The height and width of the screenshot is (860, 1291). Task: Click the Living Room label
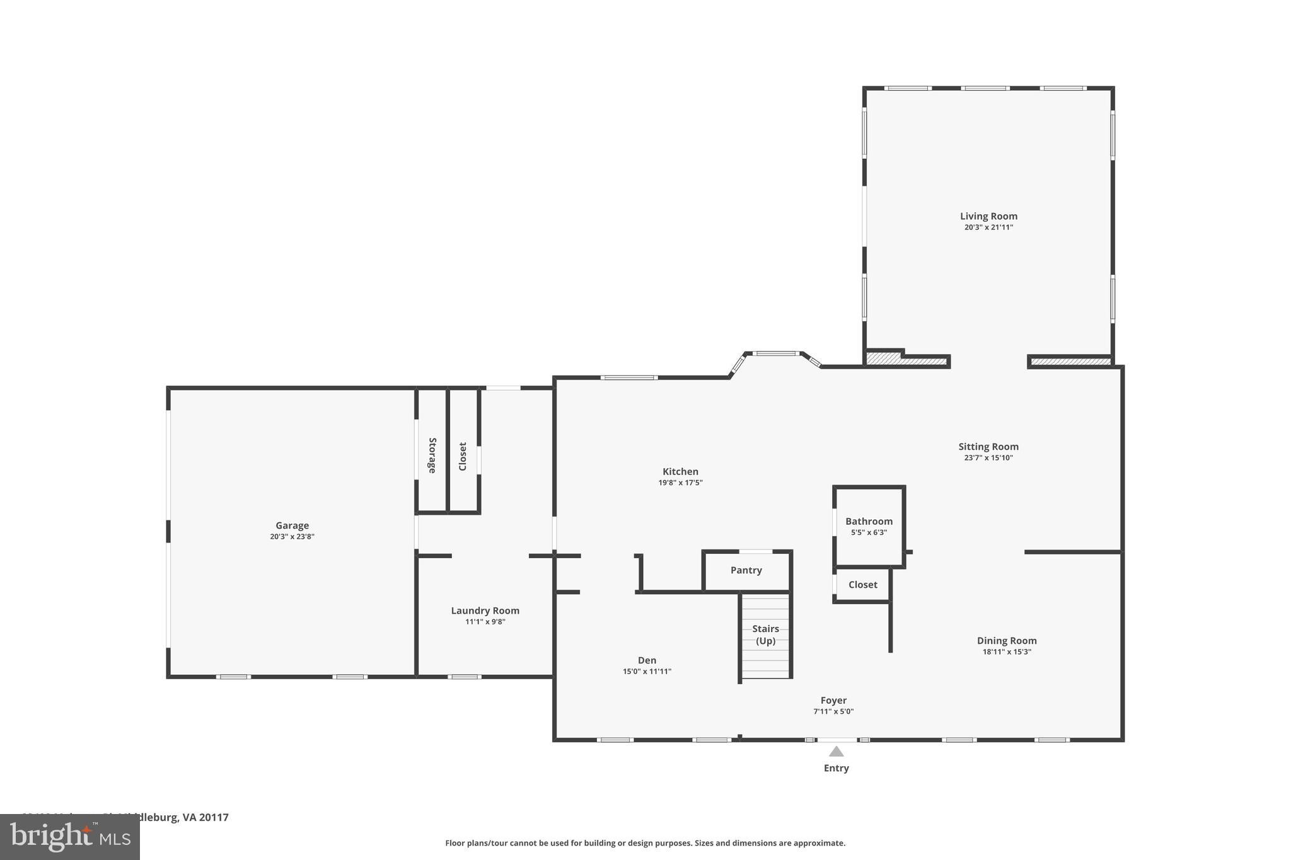click(988, 216)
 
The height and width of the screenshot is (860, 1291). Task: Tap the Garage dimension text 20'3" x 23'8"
click(292, 537)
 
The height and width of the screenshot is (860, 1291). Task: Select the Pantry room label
click(746, 570)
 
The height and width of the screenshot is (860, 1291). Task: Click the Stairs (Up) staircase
click(765, 636)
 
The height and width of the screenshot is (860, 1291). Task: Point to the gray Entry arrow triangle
click(836, 751)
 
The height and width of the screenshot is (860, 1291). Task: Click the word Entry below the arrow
click(836, 768)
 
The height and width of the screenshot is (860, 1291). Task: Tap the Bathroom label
click(869, 521)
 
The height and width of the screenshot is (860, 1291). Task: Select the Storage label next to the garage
click(432, 455)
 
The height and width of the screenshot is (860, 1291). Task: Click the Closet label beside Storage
click(463, 456)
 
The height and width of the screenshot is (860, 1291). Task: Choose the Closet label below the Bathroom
click(862, 585)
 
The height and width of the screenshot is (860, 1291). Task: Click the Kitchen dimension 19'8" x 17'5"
click(680, 483)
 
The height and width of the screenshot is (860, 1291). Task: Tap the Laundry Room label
click(485, 611)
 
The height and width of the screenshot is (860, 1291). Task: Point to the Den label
click(647, 660)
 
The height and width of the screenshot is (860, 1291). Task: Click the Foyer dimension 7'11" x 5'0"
click(833, 711)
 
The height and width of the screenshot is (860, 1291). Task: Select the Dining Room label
click(1006, 641)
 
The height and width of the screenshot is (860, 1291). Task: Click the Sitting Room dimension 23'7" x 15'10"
click(988, 458)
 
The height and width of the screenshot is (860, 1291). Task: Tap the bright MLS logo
click(69, 837)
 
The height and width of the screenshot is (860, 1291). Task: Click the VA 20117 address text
click(205, 817)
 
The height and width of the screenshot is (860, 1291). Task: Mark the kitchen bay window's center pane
click(775, 353)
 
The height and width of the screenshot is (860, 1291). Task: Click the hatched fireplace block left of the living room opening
click(905, 360)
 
